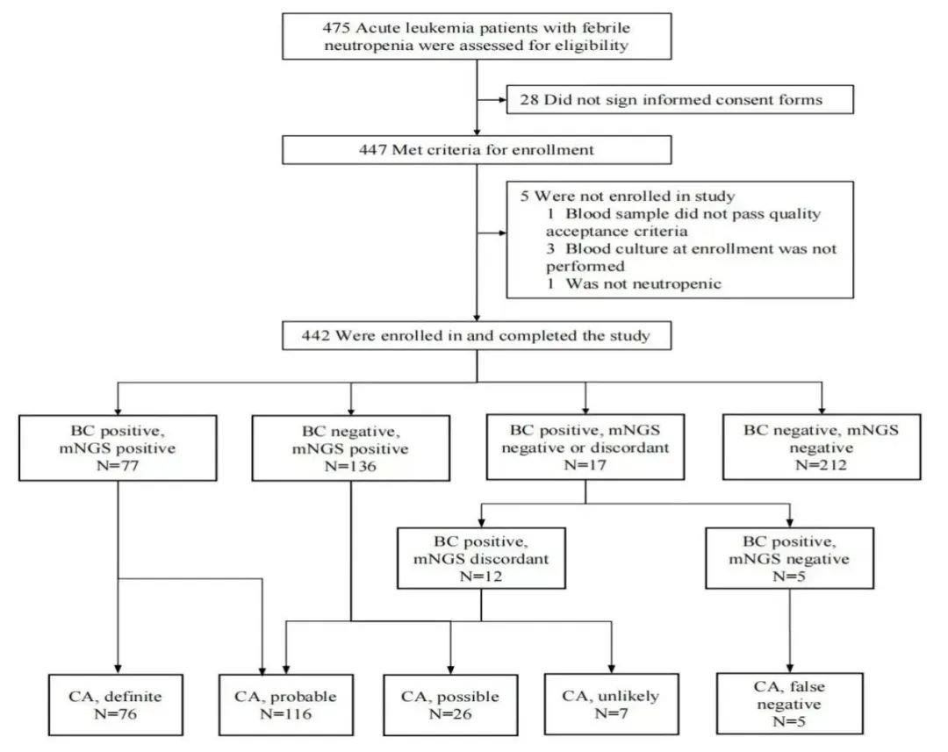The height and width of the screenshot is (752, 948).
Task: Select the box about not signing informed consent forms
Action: (x=680, y=100)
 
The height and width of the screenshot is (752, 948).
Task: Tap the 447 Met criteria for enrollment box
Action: (x=476, y=150)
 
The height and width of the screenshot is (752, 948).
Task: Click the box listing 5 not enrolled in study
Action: (x=680, y=240)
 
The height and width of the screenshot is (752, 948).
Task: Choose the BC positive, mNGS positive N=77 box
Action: (x=117, y=448)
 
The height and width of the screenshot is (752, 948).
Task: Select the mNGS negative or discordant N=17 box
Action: (x=585, y=448)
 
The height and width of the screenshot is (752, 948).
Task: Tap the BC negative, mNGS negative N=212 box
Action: (x=822, y=448)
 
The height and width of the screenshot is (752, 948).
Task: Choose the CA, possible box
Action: (x=450, y=705)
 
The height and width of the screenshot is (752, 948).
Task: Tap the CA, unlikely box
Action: (x=612, y=705)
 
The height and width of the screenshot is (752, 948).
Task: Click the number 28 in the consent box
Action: (x=530, y=100)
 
